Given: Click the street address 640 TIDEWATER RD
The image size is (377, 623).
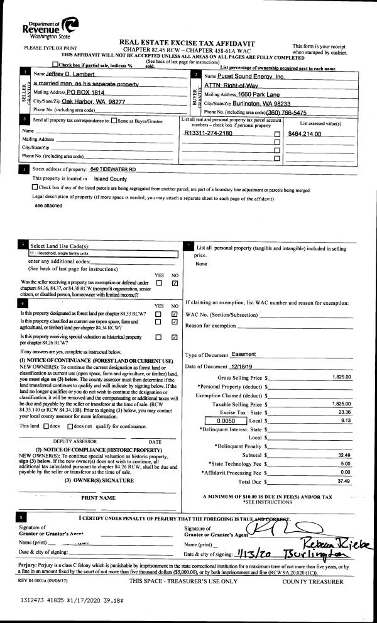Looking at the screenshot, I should [113, 170].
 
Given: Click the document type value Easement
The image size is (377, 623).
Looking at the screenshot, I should [244, 355].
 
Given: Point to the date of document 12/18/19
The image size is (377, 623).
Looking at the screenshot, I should [245, 367].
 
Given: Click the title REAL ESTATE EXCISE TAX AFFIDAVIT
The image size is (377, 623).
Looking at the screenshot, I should [188, 40].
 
